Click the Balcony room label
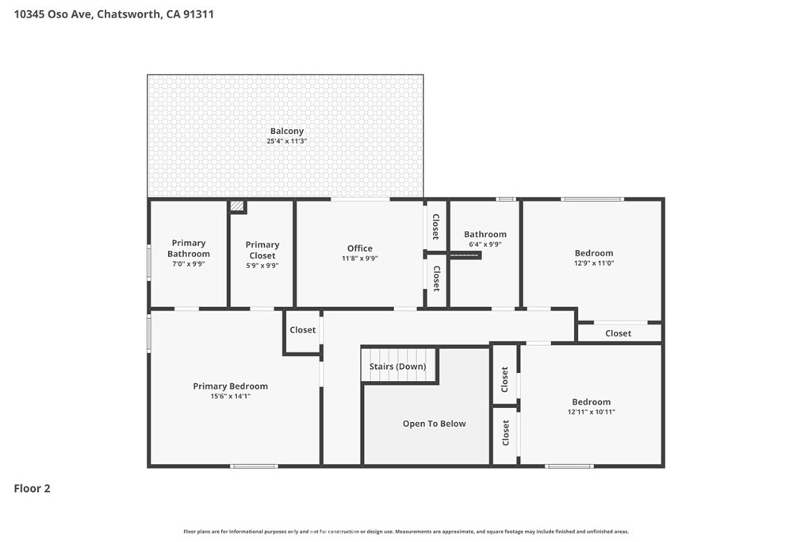(x=287, y=131)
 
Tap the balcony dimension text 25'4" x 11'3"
(x=287, y=141)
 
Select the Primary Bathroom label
(x=189, y=248)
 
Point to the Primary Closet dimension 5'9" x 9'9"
(x=262, y=265)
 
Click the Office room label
(x=359, y=248)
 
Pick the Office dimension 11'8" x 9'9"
(x=359, y=258)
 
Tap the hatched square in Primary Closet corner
(x=237, y=206)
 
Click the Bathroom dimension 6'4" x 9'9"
(x=485, y=244)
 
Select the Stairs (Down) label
(x=398, y=367)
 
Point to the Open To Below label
(x=434, y=423)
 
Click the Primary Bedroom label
(x=231, y=386)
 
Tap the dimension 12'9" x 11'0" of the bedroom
(x=594, y=263)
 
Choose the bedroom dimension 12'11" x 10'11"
(x=592, y=412)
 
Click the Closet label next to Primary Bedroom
(x=302, y=329)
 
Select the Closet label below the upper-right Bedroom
(x=618, y=333)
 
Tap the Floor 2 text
(x=32, y=488)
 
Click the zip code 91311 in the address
(x=198, y=14)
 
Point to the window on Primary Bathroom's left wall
(x=149, y=263)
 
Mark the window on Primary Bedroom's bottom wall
(x=254, y=467)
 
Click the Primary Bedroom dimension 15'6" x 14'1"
(x=231, y=397)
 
